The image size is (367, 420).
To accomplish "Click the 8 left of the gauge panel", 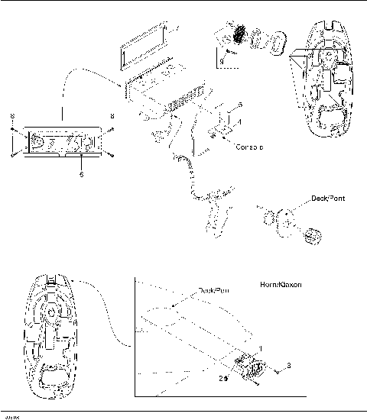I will click(x=13, y=116).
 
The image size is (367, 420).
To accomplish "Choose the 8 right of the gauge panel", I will click(x=113, y=116).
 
